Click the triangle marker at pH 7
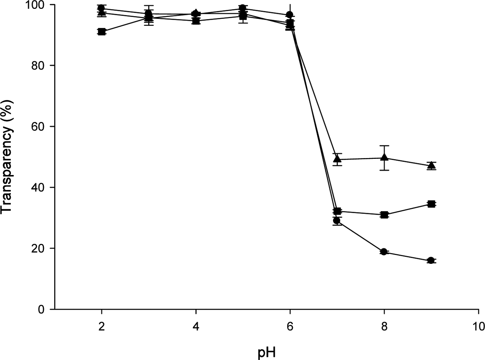[x=337, y=159]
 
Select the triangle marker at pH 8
[x=384, y=157]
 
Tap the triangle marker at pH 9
[x=431, y=165]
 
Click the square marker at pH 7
[x=337, y=211]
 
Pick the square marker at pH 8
[x=384, y=215]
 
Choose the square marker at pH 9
[x=431, y=204]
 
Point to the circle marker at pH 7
[x=337, y=221]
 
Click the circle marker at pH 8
[x=384, y=252]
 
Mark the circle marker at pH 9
[x=431, y=260]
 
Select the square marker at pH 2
[x=102, y=32]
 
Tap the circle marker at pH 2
[x=102, y=8]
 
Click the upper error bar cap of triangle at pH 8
[x=384, y=146]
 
